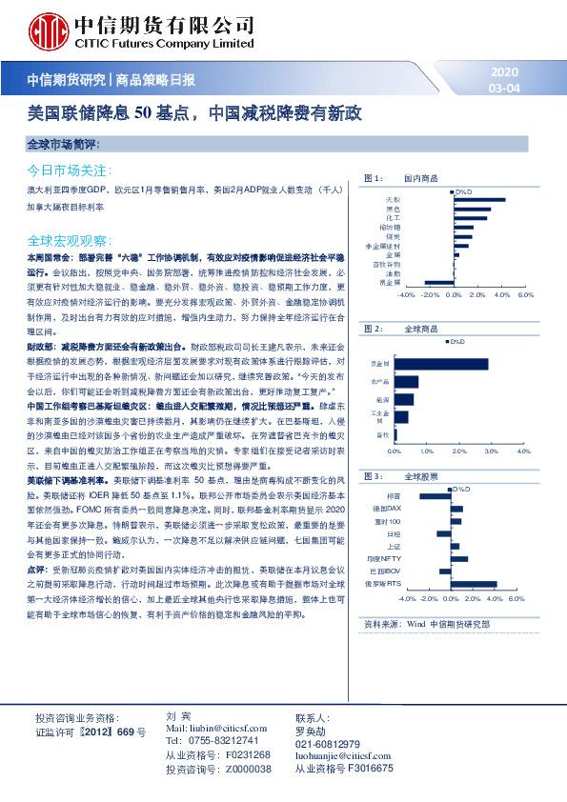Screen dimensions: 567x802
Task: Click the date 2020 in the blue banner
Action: [504, 73]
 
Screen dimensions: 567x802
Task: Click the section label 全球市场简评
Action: [65, 144]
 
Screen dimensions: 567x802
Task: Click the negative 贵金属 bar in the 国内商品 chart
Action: [439, 282]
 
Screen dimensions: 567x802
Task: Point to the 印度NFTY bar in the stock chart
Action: [459, 559]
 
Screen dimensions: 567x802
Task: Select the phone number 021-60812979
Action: [327, 744]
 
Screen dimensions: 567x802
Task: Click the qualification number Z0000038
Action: [243, 768]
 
